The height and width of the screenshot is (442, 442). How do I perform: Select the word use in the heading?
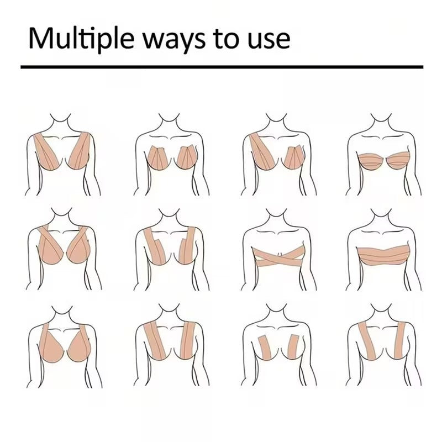pos(269,41)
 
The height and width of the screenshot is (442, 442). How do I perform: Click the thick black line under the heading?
pos(222,67)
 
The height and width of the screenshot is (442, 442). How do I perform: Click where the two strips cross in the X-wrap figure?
pos(278,257)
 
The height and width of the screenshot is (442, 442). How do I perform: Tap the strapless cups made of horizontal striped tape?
pos(383,161)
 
